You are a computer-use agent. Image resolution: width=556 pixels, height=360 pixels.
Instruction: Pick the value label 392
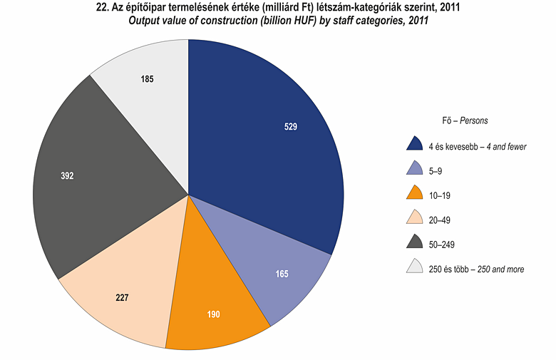pos(67,175)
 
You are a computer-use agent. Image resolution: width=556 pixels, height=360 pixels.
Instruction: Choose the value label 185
pos(147,79)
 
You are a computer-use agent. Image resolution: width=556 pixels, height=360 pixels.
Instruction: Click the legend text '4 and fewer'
pos(505,147)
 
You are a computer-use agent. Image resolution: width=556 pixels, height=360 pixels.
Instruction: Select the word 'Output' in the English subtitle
pos(145,21)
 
